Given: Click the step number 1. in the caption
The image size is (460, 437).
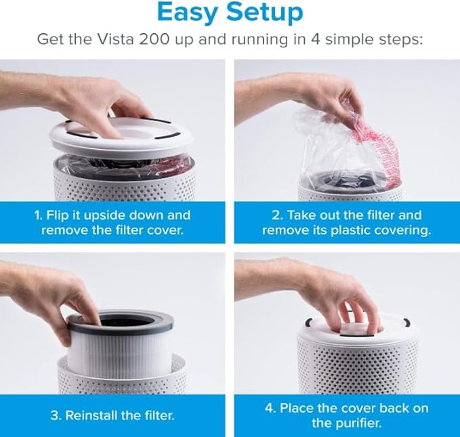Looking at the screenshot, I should (40, 215).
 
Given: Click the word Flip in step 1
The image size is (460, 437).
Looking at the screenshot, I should (62, 215).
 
